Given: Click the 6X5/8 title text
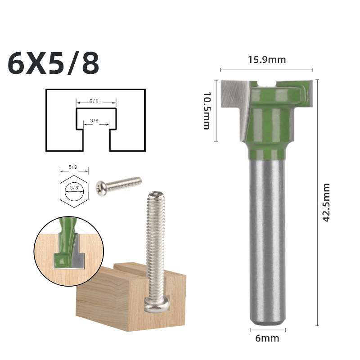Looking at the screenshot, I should tap(54, 64).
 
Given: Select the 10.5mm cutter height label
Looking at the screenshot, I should tap(207, 111).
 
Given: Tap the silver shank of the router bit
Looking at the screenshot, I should tap(267, 238).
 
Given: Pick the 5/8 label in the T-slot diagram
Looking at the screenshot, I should tap(94, 101).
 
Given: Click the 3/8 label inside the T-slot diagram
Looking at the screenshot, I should tap(94, 121).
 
